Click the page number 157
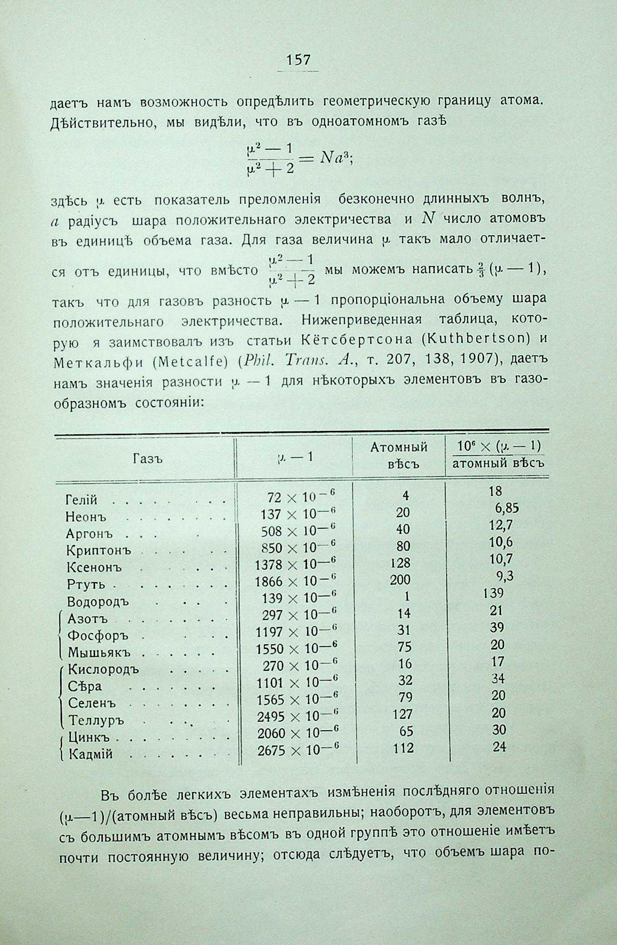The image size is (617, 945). pos(298,60)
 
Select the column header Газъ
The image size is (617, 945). pos(148,459)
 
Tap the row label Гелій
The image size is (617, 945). pos(82,499)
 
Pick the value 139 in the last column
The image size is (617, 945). pos(494,593)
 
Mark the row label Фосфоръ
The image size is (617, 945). pos(98,635)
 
